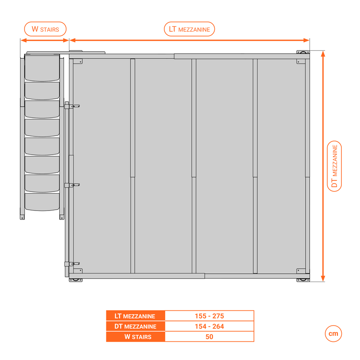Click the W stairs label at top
(x=45, y=29)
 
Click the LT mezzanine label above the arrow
(x=189, y=29)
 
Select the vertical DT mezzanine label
(x=335, y=166)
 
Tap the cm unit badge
(x=333, y=334)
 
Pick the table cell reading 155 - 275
(x=209, y=316)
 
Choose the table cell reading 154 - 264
(x=209, y=327)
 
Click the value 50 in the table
(x=209, y=337)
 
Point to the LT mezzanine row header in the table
(x=135, y=316)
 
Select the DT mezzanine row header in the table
(x=135, y=327)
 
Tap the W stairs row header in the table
(x=135, y=337)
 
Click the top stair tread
(x=42, y=67)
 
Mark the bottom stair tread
(x=42, y=201)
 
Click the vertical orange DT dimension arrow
(x=323, y=166)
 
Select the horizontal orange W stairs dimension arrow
(x=45, y=40)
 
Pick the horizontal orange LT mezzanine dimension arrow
(x=189, y=40)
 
